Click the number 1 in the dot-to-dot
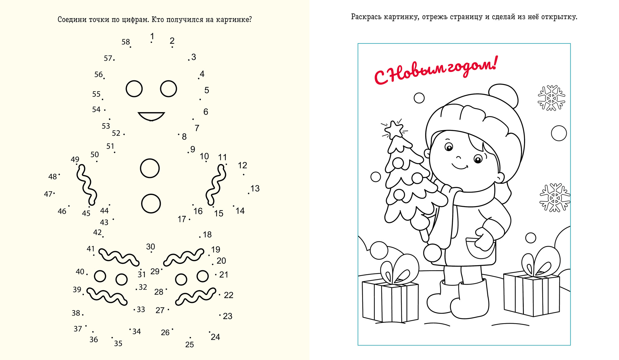pyautogui.click(x=152, y=37)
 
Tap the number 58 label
pyautogui.click(x=126, y=42)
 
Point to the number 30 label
pyautogui.click(x=151, y=247)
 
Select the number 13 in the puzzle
pyautogui.click(x=255, y=189)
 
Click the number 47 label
pyautogui.click(x=48, y=194)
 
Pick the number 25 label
pyautogui.click(x=190, y=345)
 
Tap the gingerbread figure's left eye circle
pyautogui.click(x=134, y=89)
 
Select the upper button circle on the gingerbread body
pyautogui.click(x=150, y=168)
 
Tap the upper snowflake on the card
pyautogui.click(x=551, y=98)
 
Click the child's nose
pyautogui.click(x=458, y=157)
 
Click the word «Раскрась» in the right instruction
pyautogui.click(x=366, y=17)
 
